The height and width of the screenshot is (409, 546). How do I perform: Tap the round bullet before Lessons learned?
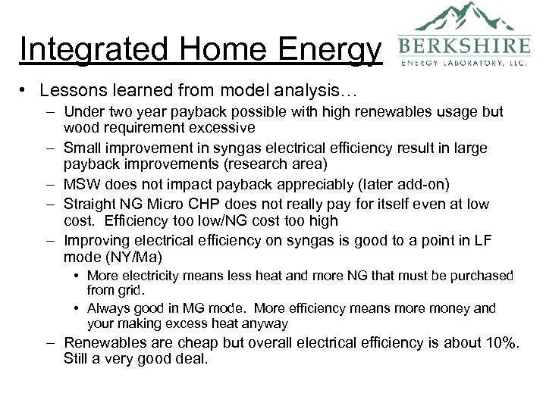tap(25, 91)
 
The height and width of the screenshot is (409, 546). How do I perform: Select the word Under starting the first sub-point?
tap(83, 112)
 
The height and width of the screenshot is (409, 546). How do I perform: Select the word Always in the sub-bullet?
tap(107, 308)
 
